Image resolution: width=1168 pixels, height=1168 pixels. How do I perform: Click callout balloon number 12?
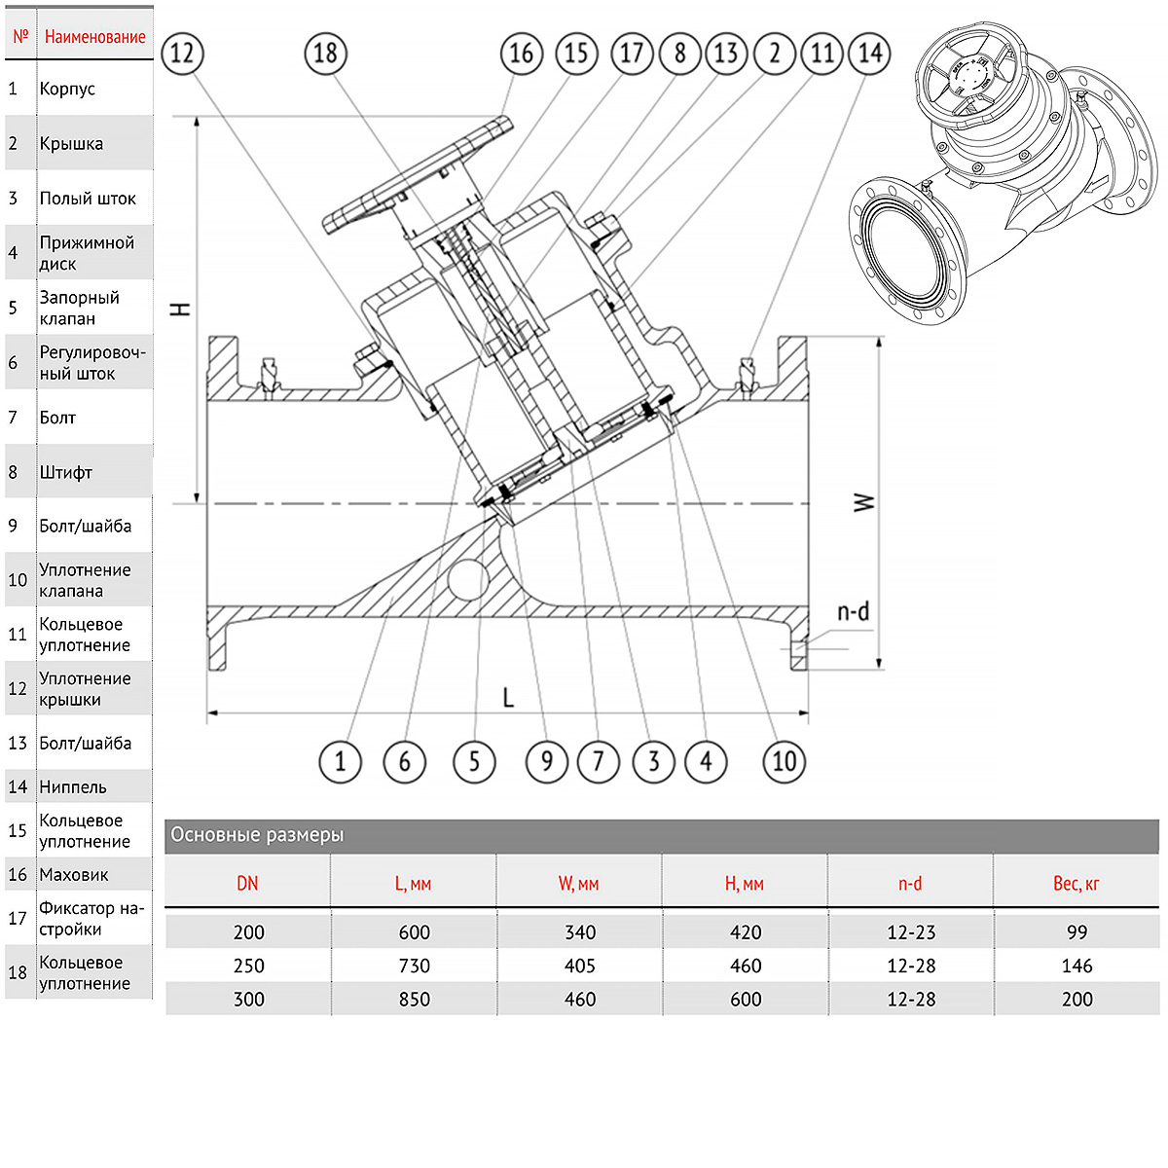(182, 53)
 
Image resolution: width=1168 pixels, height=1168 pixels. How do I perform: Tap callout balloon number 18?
(325, 53)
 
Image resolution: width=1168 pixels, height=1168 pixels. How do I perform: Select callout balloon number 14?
(869, 53)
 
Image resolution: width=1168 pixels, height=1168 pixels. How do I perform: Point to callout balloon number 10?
(785, 760)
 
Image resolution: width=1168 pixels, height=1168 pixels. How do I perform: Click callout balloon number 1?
(340, 760)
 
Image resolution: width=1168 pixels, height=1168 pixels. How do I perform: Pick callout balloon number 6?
(404, 760)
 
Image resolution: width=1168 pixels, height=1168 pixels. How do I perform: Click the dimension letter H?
(181, 310)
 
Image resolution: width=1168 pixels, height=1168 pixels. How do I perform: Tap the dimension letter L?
(508, 697)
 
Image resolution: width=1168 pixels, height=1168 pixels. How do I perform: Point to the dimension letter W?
(864, 502)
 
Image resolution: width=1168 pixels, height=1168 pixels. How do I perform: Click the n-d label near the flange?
(853, 612)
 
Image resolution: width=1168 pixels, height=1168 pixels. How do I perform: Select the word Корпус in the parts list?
(67, 89)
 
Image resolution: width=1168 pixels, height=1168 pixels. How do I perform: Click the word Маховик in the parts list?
(74, 874)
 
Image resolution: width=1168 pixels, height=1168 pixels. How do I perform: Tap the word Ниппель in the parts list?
(73, 786)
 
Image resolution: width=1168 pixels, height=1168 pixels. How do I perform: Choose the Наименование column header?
(94, 37)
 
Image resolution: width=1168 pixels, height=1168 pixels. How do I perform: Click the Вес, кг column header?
(1076, 884)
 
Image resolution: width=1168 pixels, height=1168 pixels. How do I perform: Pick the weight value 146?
(1077, 966)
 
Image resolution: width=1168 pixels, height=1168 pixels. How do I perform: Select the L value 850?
(414, 999)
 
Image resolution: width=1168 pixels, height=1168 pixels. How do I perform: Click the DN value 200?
(248, 932)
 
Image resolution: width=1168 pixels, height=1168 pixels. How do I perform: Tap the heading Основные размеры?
(257, 835)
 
